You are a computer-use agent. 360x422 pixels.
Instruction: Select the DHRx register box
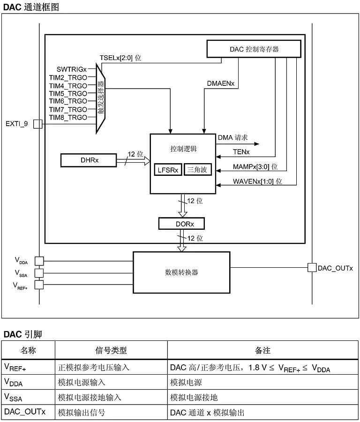point(88,161)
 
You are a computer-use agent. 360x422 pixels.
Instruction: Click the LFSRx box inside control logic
point(168,170)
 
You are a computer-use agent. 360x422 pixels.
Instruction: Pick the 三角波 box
point(197,170)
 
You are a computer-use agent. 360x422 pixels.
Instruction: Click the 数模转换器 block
point(181,272)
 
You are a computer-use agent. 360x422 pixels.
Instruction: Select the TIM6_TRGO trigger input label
point(68,101)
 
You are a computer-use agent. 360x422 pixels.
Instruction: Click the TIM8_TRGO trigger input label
point(68,117)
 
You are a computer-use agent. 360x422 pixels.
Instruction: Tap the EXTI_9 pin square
point(38,124)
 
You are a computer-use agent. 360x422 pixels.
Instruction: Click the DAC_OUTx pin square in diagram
point(311,268)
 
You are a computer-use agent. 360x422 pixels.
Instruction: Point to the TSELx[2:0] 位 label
point(120,58)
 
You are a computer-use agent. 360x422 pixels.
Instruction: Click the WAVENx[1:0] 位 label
point(258,181)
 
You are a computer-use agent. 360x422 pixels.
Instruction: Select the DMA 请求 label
point(233,138)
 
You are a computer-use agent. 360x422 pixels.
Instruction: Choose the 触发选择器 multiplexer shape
point(100,98)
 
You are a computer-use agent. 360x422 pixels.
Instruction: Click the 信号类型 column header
point(111,350)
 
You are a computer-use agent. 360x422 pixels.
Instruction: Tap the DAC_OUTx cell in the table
point(25,413)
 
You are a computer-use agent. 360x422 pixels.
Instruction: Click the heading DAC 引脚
point(23,334)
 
